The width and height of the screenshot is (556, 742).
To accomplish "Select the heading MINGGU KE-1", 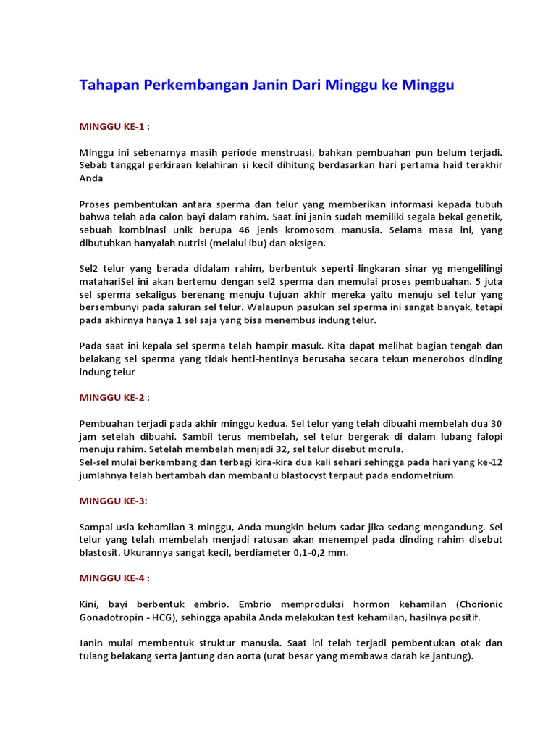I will [114, 126].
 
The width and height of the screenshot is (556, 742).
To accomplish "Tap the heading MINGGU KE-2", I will [114, 398].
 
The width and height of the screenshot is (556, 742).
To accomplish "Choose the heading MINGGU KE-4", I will [114, 578].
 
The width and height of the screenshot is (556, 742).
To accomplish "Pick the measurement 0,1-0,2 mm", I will [316, 553].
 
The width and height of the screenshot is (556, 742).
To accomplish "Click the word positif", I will [461, 617].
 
